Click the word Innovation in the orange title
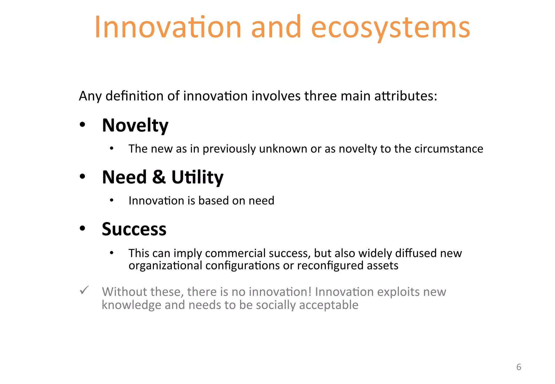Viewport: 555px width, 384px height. (x=167, y=27)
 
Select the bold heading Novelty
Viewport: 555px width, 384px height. (x=135, y=125)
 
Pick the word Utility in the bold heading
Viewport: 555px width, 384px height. (x=197, y=177)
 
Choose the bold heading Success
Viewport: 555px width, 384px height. (x=134, y=229)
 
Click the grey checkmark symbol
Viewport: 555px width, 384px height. (x=84, y=290)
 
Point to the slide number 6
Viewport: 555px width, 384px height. (x=519, y=367)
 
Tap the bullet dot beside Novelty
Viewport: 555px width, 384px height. (x=82, y=125)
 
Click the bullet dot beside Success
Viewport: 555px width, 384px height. (x=82, y=228)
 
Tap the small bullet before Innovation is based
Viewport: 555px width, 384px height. (x=112, y=200)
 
